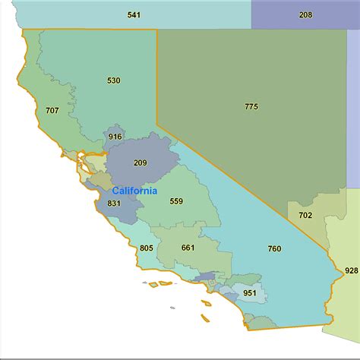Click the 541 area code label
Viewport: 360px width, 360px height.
point(134,15)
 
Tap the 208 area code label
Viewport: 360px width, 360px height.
point(305,15)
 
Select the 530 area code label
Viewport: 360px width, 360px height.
point(114,80)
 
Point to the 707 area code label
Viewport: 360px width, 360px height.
point(52,111)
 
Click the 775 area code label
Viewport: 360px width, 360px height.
point(251,106)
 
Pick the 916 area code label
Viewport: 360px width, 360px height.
point(115,137)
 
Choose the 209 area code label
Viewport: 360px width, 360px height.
point(140,163)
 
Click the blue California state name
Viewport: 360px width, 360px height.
point(134,191)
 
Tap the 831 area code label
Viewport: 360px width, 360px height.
point(115,204)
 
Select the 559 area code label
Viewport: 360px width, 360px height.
point(176,201)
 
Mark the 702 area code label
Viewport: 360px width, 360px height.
point(305,216)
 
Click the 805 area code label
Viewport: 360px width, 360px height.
point(147,248)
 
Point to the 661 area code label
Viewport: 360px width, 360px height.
point(188,248)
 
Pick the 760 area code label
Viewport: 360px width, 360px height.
point(275,249)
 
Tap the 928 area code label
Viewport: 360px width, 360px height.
point(351,270)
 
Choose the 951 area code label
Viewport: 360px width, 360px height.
point(249,292)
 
